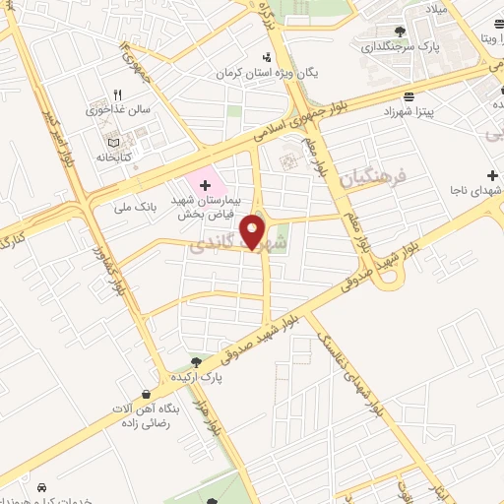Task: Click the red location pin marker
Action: pyautogui.click(x=254, y=231)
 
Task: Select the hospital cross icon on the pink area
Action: pyautogui.click(x=204, y=185)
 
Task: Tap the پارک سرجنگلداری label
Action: pyautogui.click(x=401, y=45)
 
